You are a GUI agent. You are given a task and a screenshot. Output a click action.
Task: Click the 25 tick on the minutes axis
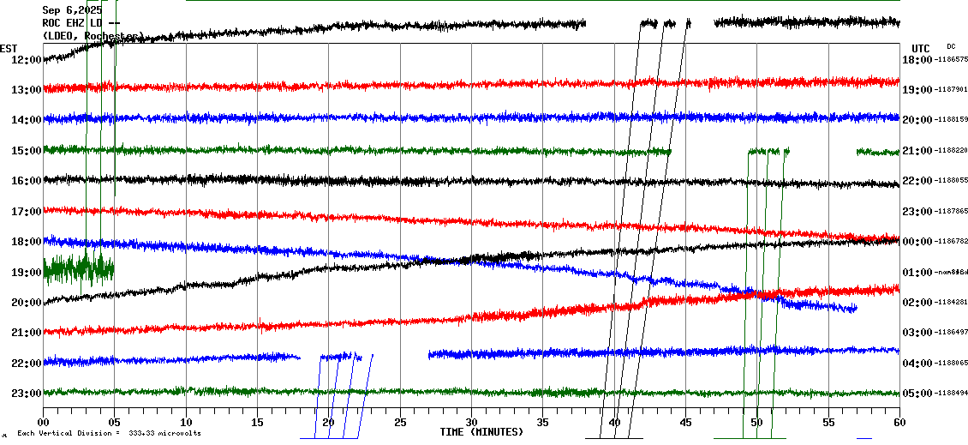[400, 423]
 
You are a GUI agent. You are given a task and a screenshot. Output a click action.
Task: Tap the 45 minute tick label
[685, 423]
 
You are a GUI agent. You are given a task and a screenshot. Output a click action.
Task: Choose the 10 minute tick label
[186, 423]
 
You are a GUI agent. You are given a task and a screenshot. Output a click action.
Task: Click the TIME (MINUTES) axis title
[481, 432]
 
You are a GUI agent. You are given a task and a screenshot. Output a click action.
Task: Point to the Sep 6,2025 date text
[72, 10]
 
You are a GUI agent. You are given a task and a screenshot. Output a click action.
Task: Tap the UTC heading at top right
[921, 48]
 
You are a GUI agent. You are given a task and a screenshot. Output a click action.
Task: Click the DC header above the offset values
[951, 46]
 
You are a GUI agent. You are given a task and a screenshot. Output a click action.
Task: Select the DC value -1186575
[951, 59]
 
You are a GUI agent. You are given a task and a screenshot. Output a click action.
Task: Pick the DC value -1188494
[951, 393]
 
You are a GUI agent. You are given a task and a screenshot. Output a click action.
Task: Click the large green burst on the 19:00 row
[78, 269]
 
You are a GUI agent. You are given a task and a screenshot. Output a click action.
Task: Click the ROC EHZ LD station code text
[81, 23]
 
